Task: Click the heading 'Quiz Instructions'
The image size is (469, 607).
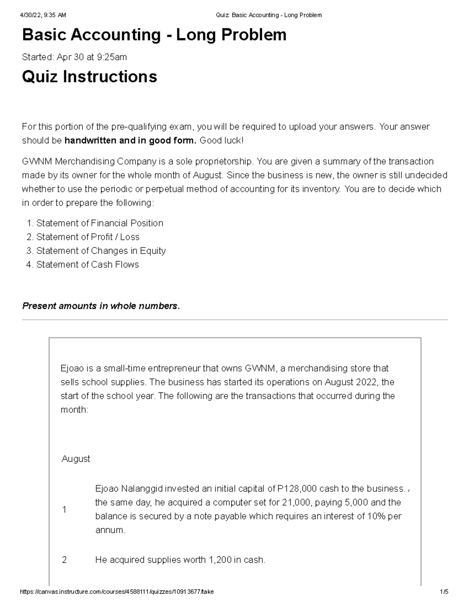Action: (90, 77)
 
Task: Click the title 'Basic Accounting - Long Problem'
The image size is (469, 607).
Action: (154, 35)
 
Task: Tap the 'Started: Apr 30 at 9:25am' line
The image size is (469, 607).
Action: (74, 57)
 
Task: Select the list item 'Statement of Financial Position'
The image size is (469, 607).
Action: (99, 223)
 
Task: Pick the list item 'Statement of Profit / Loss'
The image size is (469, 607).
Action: (88, 237)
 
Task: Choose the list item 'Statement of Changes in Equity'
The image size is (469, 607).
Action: (101, 251)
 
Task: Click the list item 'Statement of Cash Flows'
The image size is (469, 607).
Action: (88, 265)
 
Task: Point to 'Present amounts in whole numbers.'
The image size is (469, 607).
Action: (101, 306)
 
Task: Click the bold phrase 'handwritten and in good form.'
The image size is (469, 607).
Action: (131, 141)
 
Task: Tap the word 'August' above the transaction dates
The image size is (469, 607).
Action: (76, 459)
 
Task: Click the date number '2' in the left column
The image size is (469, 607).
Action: (64, 560)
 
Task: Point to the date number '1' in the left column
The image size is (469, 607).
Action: (64, 510)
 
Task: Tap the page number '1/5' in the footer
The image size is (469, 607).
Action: (444, 592)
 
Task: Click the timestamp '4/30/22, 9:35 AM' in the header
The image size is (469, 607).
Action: (43, 15)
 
